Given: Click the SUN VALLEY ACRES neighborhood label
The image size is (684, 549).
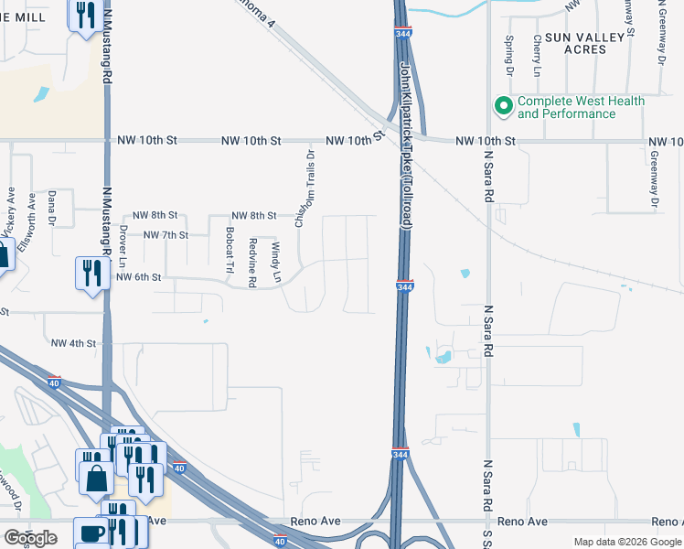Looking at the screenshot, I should (587, 43).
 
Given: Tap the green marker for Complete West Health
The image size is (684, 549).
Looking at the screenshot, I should (502, 107).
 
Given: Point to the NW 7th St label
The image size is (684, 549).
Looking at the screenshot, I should (166, 235).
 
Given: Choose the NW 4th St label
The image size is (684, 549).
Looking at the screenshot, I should (73, 343).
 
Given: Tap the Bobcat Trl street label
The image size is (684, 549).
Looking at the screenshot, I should (230, 250).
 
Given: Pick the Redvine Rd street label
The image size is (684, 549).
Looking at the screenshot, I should (252, 262).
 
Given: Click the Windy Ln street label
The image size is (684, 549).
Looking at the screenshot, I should (275, 261).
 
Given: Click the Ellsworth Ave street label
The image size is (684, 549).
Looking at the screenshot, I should (33, 215).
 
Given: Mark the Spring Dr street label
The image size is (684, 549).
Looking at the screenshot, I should (509, 56).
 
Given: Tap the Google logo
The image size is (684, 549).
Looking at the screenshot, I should (30, 538).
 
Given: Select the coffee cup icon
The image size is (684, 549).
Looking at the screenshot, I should (92, 533).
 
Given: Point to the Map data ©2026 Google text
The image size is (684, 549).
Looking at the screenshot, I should (627, 542).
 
